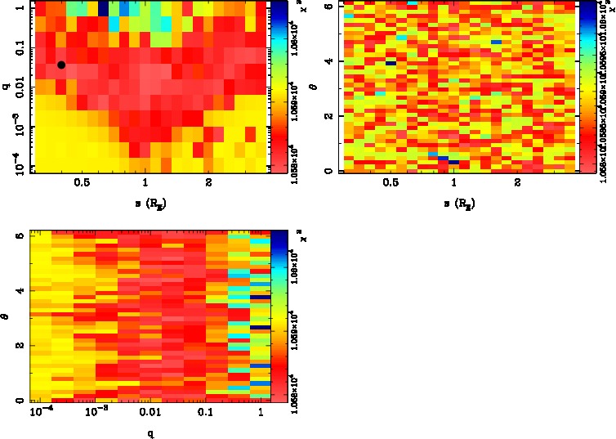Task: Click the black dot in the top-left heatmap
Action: tap(61, 65)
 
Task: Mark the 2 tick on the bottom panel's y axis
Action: tap(18, 345)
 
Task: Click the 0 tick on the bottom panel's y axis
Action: tap(18, 401)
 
